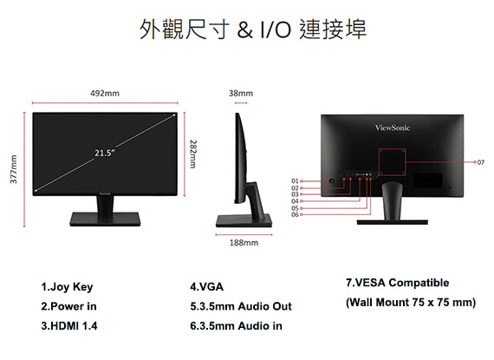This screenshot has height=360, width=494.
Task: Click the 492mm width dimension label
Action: coord(105,94)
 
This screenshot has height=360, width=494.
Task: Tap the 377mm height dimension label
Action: coord(14,169)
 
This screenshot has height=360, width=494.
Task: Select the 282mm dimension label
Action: coord(193,154)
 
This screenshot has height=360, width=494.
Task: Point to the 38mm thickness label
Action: coord(241,94)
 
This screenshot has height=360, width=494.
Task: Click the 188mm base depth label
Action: coord(244,243)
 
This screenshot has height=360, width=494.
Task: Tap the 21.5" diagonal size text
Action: coord(105,154)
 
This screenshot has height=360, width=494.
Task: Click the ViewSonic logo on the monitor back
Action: coord(393,128)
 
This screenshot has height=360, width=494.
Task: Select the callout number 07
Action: coord(480,162)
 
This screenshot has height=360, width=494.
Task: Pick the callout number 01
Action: coord(295,181)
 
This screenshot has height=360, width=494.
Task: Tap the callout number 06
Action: coord(295,214)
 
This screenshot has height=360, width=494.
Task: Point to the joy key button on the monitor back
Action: coord(331,181)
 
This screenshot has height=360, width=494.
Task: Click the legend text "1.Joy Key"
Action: coord(67,287)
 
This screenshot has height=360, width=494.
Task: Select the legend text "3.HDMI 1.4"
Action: coord(69,325)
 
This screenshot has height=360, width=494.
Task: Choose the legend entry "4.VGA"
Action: coord(206,287)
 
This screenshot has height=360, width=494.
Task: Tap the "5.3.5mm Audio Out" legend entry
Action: coord(241,306)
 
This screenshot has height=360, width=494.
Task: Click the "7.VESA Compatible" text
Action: coord(397,283)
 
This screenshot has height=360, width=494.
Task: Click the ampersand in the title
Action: coord(244,29)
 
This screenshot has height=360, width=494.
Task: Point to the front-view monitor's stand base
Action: coord(105,219)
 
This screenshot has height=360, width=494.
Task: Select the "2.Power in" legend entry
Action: coord(68,306)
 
